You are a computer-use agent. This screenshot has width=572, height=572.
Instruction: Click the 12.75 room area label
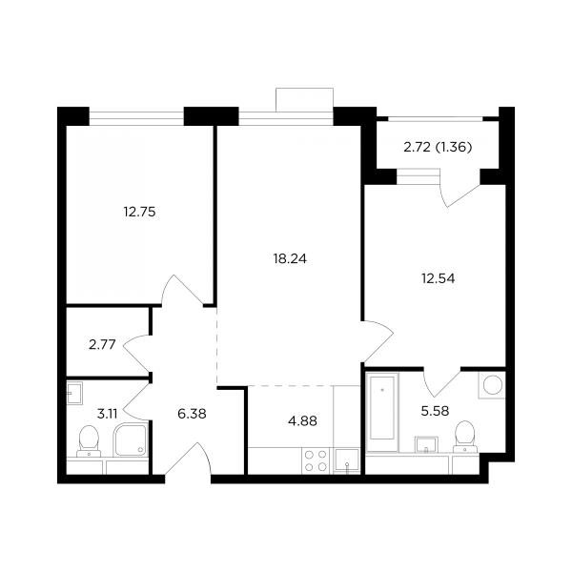pos(140,212)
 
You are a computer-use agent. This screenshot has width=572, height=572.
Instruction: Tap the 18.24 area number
pos(290,259)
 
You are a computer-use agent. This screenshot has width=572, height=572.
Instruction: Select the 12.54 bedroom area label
pos(439,278)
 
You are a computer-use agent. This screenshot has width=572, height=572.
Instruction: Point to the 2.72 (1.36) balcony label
pos(438,147)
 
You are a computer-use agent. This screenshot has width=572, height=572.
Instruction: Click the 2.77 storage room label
pos(102,344)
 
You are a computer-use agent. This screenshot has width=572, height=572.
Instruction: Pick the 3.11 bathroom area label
pos(107,414)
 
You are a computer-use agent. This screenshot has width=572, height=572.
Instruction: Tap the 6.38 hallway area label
pos(192,414)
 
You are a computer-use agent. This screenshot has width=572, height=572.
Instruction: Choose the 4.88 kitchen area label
pos(302,421)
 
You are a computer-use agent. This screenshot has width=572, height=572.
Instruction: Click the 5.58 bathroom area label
pos(435,412)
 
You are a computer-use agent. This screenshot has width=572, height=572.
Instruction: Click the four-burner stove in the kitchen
pos(316,460)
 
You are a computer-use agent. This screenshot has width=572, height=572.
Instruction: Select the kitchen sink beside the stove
pos(347,461)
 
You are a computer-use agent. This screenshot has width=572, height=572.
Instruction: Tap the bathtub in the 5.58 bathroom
pos(382,407)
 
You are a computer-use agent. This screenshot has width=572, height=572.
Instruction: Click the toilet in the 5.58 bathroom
pos(465,437)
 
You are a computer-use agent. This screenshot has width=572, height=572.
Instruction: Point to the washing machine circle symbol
pos(493,385)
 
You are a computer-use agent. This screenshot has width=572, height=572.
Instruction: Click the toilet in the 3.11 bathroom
pos(89,441)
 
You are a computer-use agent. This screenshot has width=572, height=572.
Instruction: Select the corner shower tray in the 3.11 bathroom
pos(131,439)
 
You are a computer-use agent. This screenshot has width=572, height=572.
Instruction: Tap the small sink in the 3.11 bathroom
pos(74,393)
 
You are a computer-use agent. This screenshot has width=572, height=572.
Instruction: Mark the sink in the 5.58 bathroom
pos(426,444)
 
